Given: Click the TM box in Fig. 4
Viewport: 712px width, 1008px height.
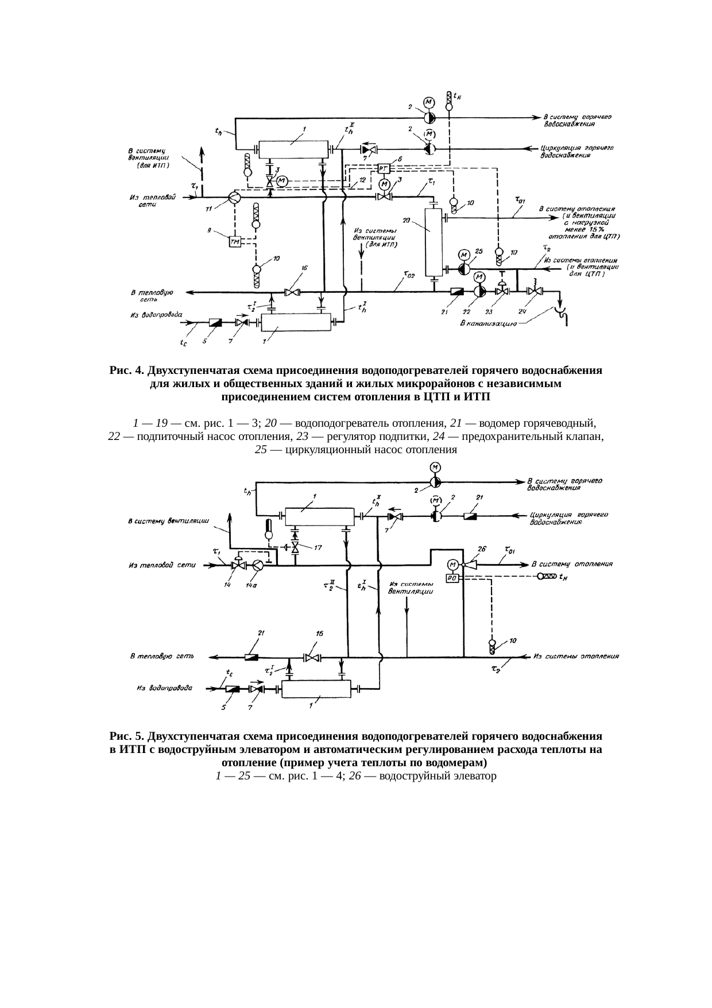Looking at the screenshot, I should (x=235, y=242).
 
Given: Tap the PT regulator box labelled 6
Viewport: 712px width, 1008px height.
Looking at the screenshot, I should (x=384, y=168).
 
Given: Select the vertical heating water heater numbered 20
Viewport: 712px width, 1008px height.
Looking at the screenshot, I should (x=431, y=242).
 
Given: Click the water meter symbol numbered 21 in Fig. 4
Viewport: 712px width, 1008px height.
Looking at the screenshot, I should (x=458, y=292).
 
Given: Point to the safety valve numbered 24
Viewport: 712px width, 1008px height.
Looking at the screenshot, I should (x=535, y=292).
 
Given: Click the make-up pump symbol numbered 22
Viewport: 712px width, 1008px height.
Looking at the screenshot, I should (x=478, y=292).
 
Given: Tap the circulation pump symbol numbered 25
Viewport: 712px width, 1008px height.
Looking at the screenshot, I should (x=464, y=269).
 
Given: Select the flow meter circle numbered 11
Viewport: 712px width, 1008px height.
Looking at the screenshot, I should (x=234, y=197).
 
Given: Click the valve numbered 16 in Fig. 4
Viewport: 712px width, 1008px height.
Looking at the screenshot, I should (x=293, y=292).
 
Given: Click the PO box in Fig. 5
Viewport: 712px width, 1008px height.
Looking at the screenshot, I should (x=452, y=578).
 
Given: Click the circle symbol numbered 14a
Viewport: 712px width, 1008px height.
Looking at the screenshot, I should (x=258, y=566).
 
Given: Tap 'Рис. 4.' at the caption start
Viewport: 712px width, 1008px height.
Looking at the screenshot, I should (x=126, y=370).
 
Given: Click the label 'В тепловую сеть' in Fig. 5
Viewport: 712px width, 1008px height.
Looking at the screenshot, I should (x=161, y=656).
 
